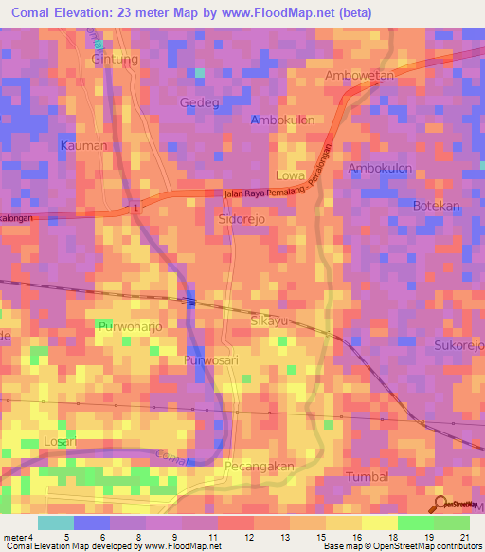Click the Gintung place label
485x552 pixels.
coord(115,59)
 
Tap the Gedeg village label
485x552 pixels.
coord(199,102)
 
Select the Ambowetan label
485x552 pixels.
coord(358,76)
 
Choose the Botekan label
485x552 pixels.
coord(437,206)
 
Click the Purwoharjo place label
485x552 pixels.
coord(132,327)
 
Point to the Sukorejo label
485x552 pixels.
coord(458,345)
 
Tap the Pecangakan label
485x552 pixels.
coord(260,467)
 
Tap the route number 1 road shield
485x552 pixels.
coord(136,206)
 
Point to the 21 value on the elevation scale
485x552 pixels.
coord(463,537)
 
